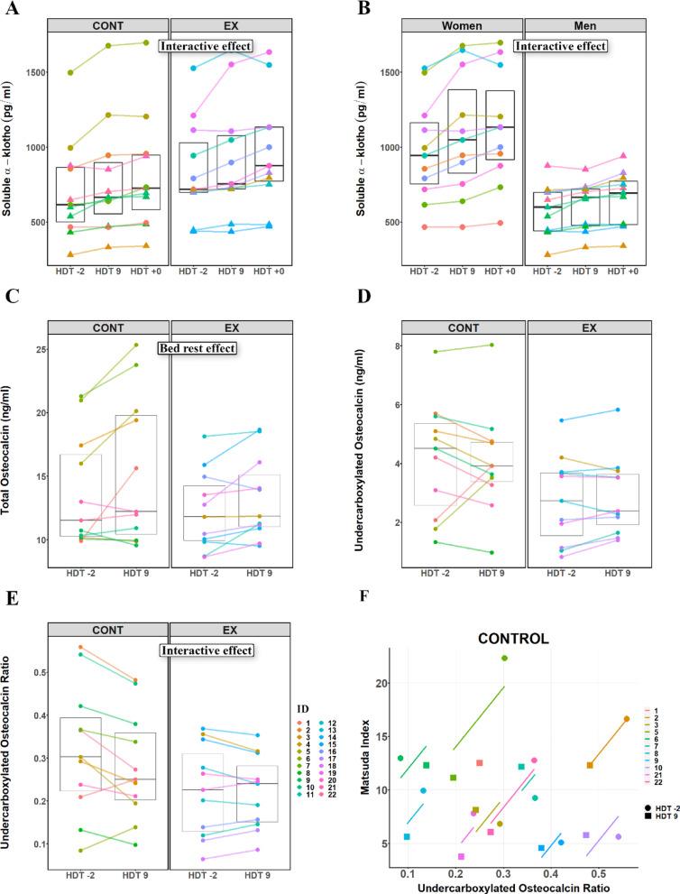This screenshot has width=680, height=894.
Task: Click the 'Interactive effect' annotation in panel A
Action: [x=207, y=46]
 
